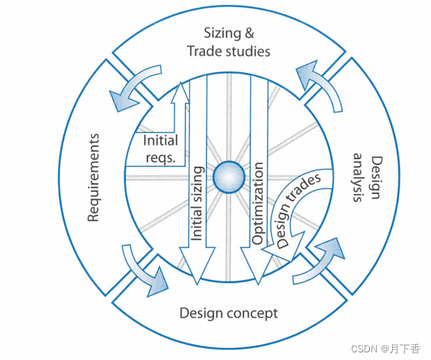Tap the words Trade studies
pos(229,51)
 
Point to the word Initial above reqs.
pos(160,140)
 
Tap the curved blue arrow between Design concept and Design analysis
pos(319,261)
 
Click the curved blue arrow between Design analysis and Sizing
pos(320,87)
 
